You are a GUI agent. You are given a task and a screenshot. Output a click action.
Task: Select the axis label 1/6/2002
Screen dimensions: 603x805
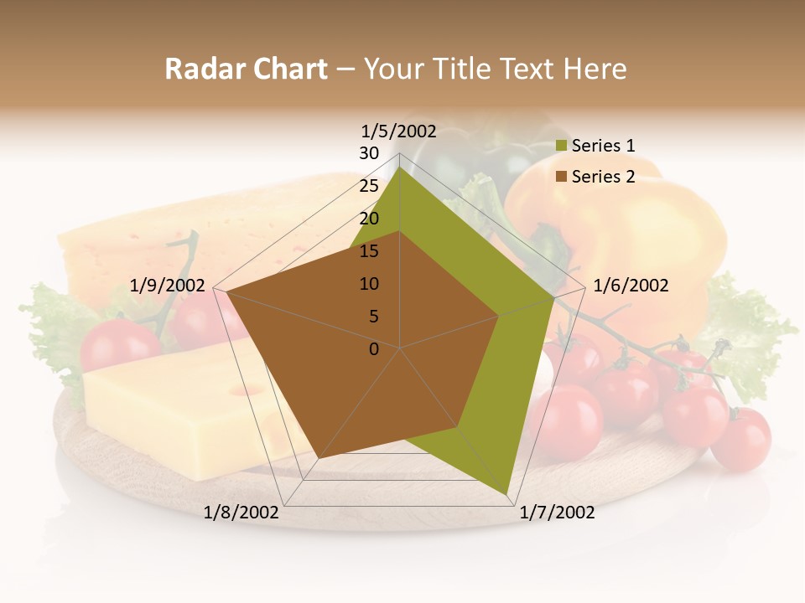pyautogui.click(x=631, y=286)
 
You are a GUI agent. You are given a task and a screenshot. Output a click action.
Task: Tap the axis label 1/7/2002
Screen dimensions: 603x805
pyautogui.click(x=557, y=513)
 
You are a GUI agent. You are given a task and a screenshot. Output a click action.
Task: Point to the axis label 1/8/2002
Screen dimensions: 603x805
pyautogui.click(x=241, y=513)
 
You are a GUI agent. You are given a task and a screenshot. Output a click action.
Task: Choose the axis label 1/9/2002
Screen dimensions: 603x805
pyautogui.click(x=168, y=286)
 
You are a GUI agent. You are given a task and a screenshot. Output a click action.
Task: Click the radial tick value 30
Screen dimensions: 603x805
pyautogui.click(x=369, y=153)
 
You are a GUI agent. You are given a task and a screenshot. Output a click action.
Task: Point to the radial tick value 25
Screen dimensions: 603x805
pyautogui.click(x=369, y=186)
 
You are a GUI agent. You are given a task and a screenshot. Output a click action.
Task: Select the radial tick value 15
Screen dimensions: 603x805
pyautogui.click(x=369, y=251)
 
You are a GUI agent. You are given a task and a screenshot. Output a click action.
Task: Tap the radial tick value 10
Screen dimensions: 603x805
pyautogui.click(x=369, y=284)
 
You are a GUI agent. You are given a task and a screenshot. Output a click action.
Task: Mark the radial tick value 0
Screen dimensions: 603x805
pyautogui.click(x=374, y=349)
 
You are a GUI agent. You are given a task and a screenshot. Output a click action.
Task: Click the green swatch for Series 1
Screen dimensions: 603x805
pyautogui.click(x=562, y=147)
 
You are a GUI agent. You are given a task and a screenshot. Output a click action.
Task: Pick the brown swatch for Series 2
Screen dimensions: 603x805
pyautogui.click(x=562, y=177)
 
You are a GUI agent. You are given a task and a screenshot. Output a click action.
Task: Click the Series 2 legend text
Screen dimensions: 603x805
pyautogui.click(x=603, y=177)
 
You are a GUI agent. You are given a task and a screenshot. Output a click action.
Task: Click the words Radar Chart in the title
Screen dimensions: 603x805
pyautogui.click(x=246, y=70)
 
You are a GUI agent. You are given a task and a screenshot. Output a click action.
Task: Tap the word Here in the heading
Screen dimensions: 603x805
pyautogui.click(x=595, y=70)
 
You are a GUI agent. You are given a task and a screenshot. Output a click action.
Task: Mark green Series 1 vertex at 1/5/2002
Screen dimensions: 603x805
pyautogui.click(x=400, y=168)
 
